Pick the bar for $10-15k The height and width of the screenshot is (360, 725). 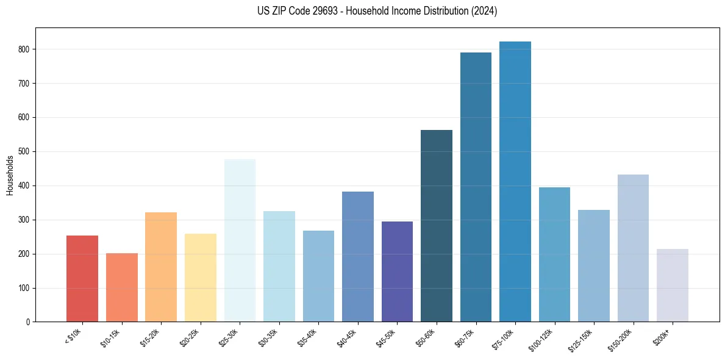click(x=122, y=287)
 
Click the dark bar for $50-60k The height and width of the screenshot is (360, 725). click(x=437, y=226)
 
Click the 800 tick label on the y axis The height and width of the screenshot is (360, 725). click(x=25, y=49)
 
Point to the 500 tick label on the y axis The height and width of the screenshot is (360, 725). click(x=25, y=152)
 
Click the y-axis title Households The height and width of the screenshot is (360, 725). click(x=10, y=175)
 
